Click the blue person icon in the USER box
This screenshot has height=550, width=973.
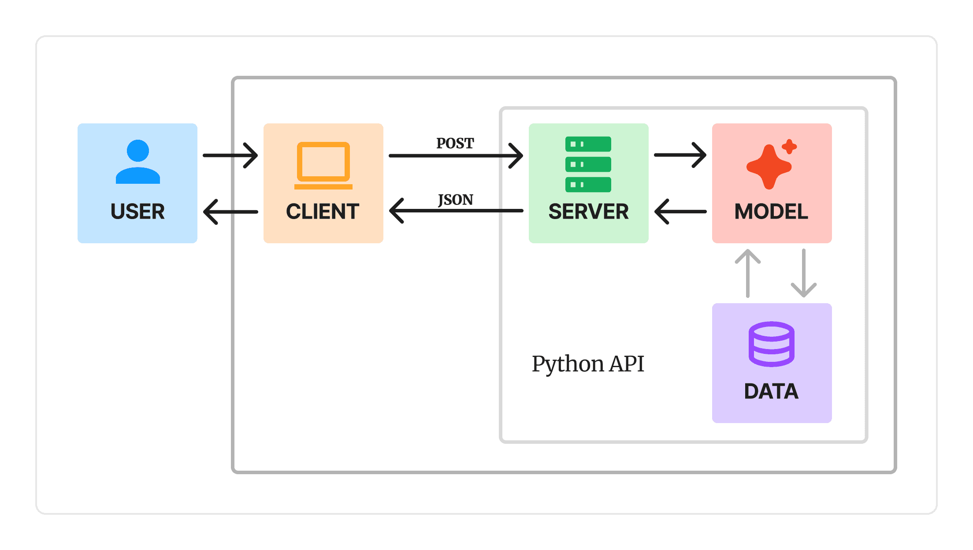(x=137, y=162)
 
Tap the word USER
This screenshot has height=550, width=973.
(x=137, y=212)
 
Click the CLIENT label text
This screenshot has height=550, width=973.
(x=323, y=212)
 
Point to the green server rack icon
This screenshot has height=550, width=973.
(x=588, y=164)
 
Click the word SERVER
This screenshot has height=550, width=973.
(x=588, y=212)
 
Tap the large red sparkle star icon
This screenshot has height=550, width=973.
(x=769, y=167)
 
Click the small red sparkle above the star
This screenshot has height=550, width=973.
(x=789, y=146)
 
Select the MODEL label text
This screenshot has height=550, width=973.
(x=771, y=212)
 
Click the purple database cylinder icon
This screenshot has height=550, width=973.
(x=771, y=344)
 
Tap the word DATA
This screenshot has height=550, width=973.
(x=771, y=391)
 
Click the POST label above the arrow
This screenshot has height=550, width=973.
(x=455, y=143)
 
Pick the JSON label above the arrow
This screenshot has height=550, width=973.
(x=455, y=200)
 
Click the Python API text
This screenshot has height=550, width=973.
(x=588, y=364)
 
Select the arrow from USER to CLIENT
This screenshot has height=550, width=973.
(x=230, y=155)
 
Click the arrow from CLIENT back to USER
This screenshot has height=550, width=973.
(x=230, y=212)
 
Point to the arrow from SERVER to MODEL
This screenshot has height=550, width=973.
(x=680, y=155)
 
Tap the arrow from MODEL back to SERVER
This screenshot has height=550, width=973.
(x=680, y=212)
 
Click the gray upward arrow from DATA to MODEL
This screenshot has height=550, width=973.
(x=748, y=273)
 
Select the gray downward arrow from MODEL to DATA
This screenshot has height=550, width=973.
(x=804, y=273)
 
